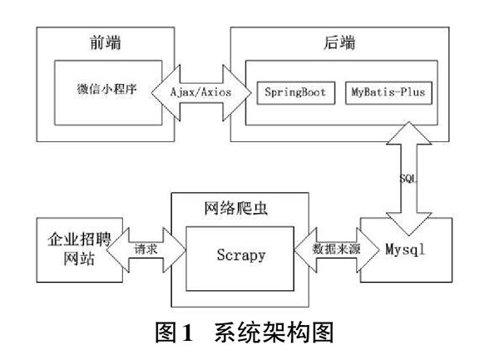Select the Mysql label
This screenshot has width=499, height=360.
(x=407, y=248)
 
